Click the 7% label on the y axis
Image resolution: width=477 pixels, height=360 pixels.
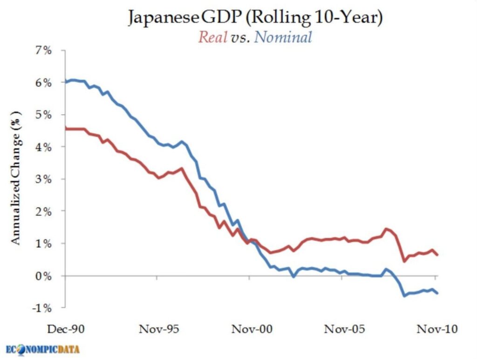pos(42,50)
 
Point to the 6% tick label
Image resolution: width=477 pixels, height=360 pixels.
pos(42,82)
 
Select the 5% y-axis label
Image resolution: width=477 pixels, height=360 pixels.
pos(42,115)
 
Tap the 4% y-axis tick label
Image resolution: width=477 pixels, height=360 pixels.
pos(42,147)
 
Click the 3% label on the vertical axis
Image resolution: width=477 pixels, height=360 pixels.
pos(42,179)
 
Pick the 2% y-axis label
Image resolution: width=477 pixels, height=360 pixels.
pos(42,211)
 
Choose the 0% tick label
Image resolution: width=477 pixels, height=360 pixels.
pos(42,276)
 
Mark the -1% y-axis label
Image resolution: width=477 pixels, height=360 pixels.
pos(41,308)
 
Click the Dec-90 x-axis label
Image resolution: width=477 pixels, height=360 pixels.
pos(66,329)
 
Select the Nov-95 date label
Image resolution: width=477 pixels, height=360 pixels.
pos(158,329)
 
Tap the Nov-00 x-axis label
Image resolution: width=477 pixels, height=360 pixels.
pos(250,329)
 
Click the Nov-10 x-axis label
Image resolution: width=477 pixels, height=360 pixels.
pos(435,329)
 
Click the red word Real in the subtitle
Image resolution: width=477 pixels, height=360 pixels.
pos(212,37)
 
